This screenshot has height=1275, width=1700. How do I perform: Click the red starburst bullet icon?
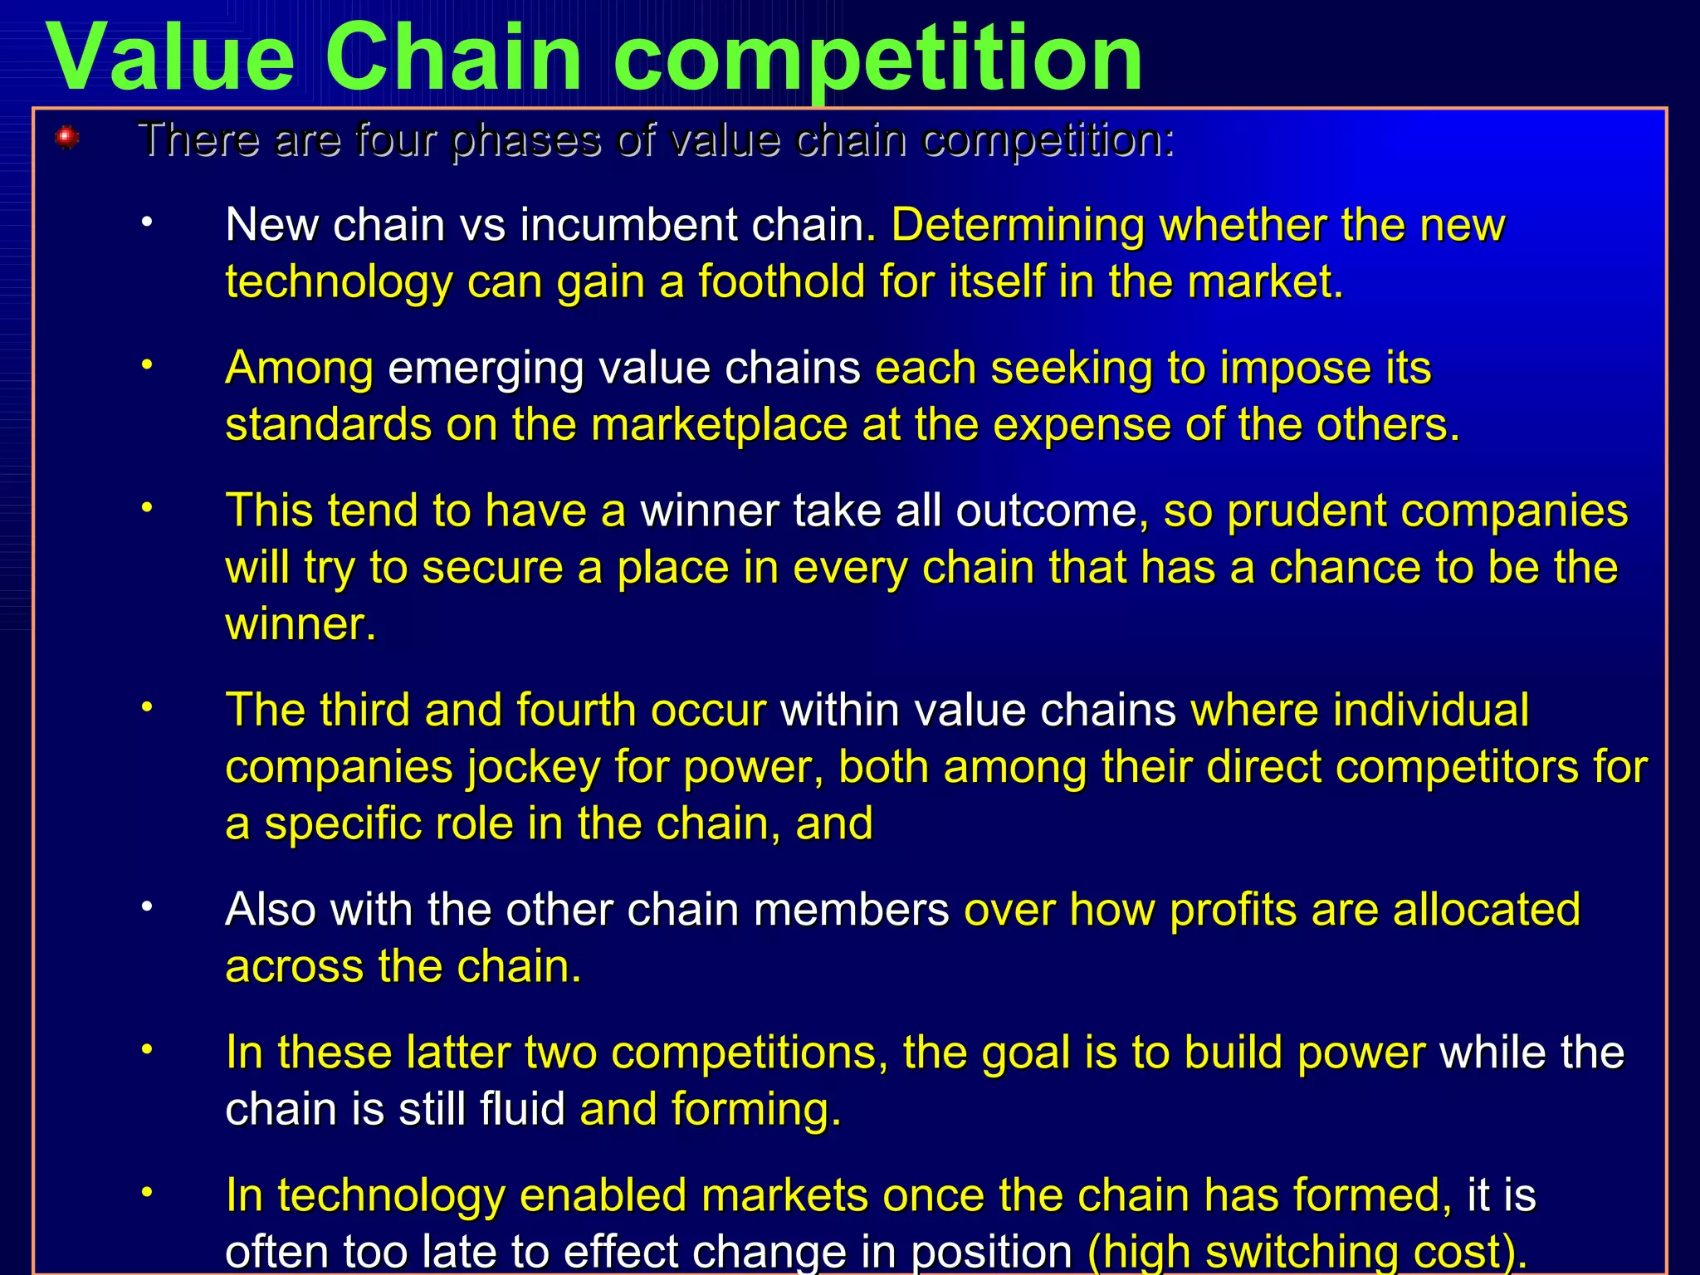click(67, 138)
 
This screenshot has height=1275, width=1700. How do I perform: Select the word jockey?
click(532, 767)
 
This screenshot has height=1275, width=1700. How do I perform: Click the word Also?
click(270, 910)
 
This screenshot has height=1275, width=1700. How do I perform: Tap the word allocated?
click(1486, 910)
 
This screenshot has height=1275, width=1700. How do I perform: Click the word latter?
click(457, 1053)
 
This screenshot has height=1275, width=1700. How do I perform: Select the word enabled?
click(602, 1195)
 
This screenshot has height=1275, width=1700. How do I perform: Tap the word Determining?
click(1018, 225)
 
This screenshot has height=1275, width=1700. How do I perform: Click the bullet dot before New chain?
click(147, 222)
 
